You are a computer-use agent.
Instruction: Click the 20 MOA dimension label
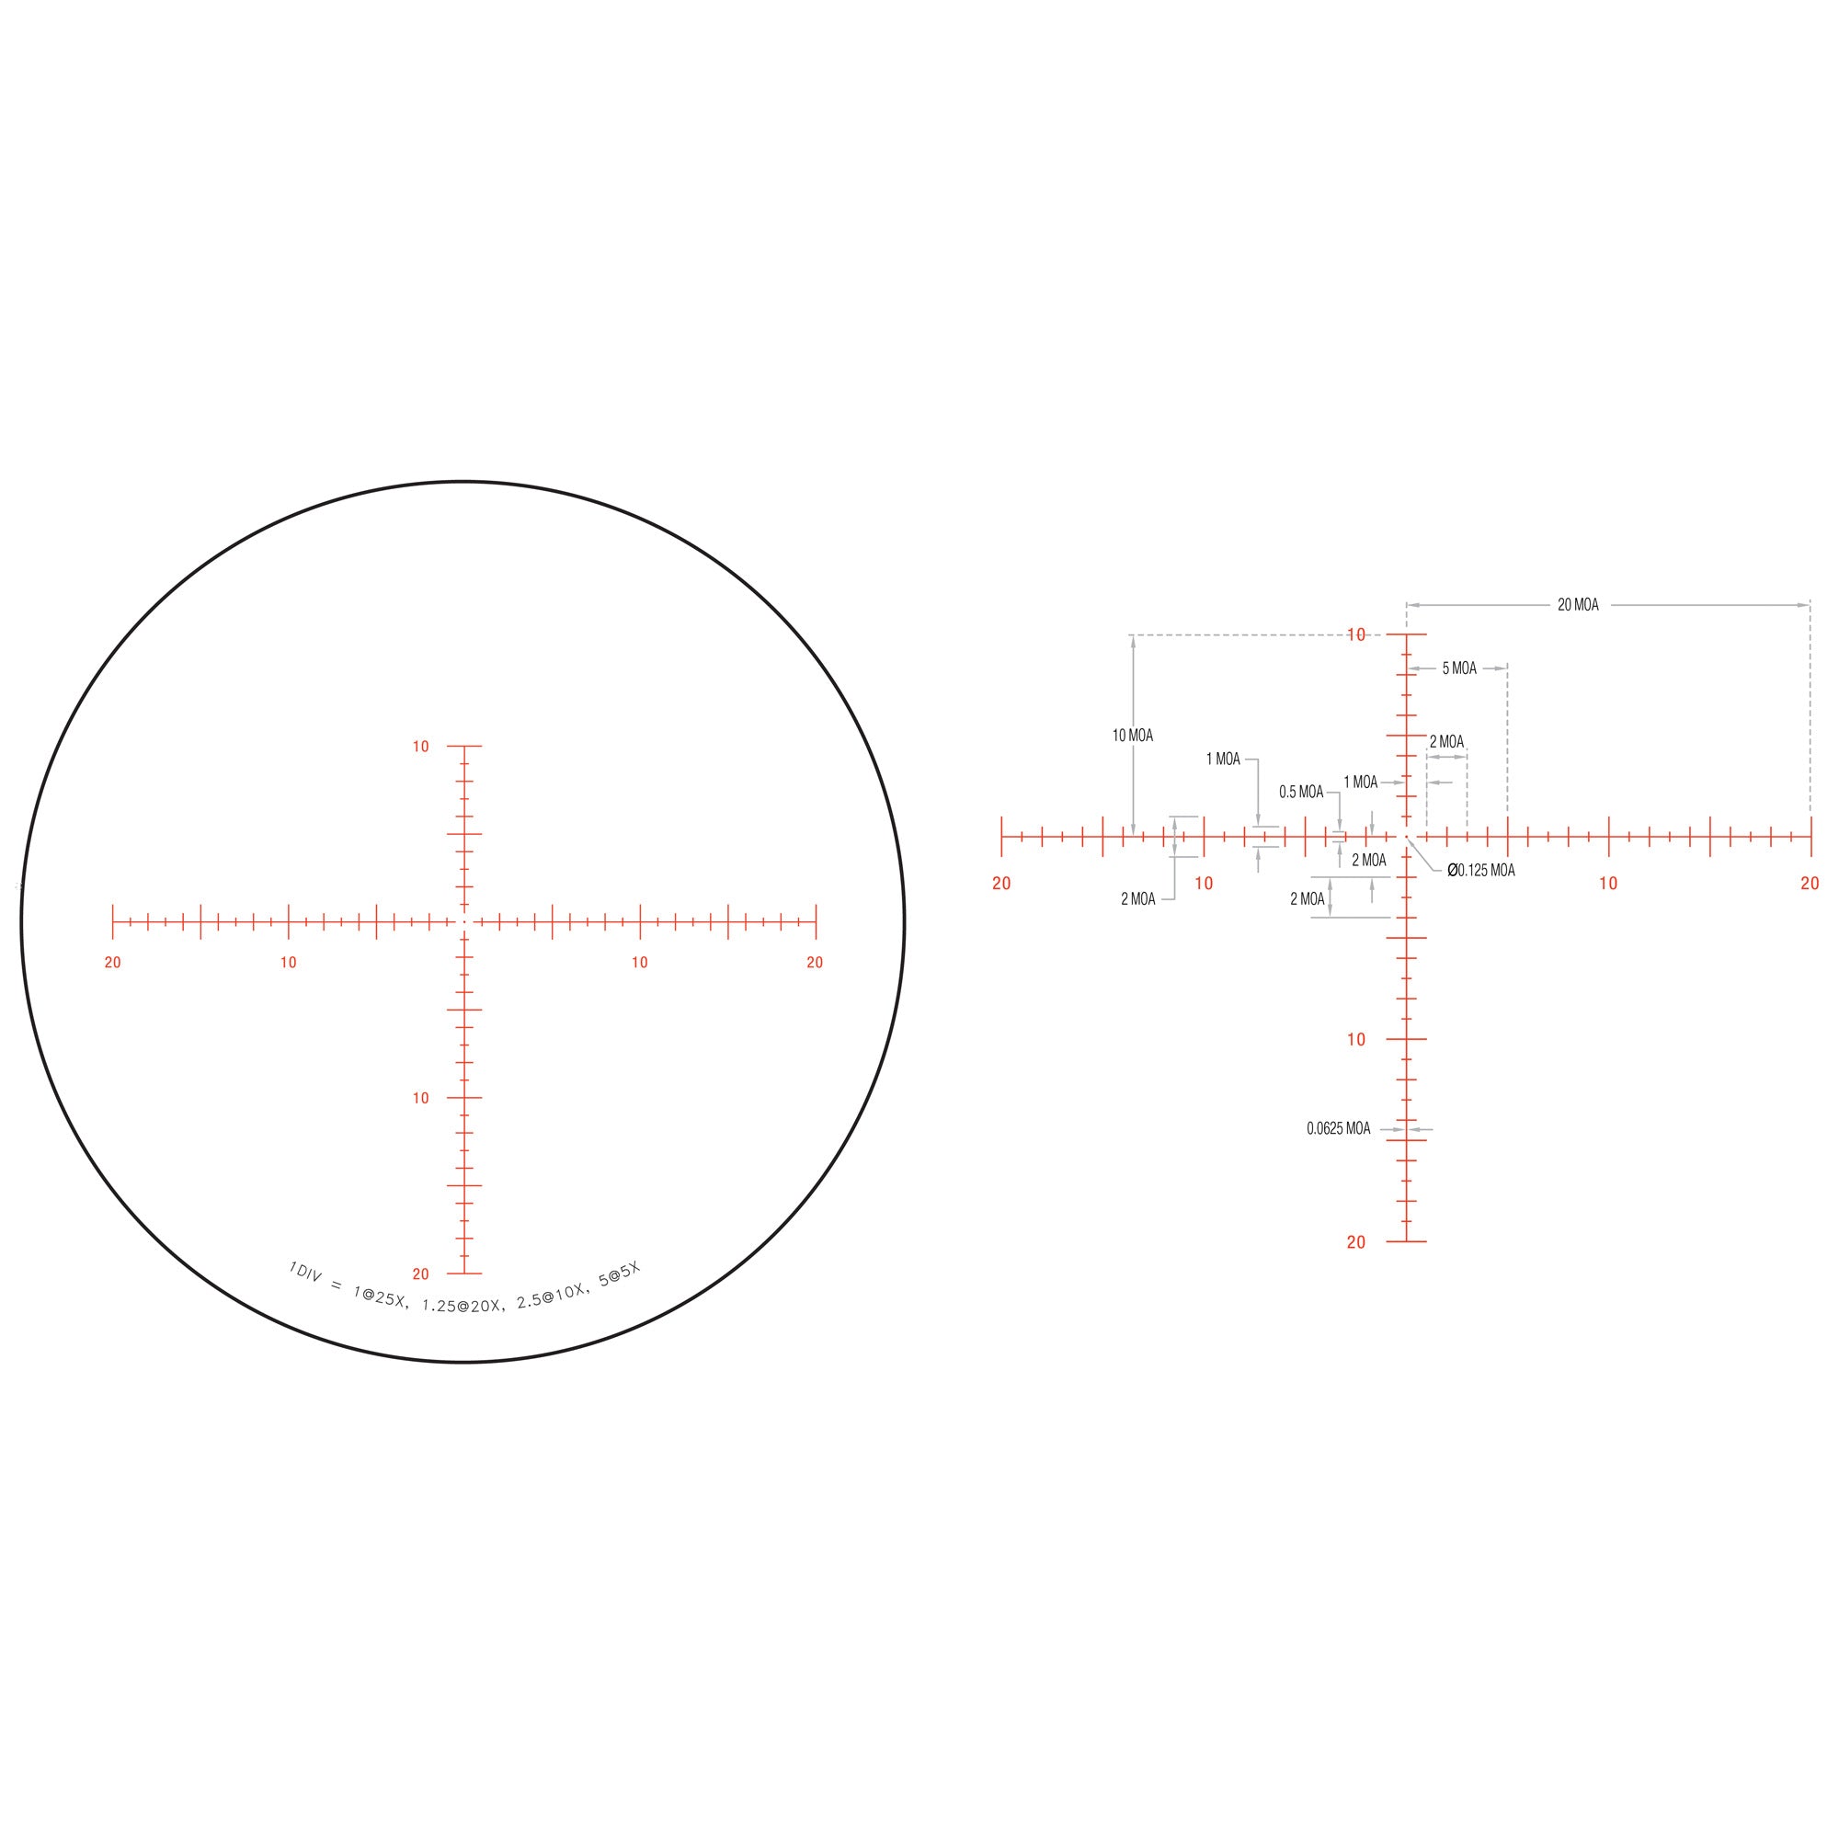pyautogui.click(x=1577, y=605)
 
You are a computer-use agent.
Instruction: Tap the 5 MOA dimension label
pyautogui.click(x=1459, y=669)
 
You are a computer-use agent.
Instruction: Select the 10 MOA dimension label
pyautogui.click(x=1132, y=736)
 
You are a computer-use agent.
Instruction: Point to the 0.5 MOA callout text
pyautogui.click(x=1300, y=792)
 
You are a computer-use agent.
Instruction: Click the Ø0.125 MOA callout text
pyautogui.click(x=1481, y=871)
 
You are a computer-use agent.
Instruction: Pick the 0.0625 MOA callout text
pyautogui.click(x=1338, y=1129)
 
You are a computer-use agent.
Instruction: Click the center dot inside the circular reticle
pyautogui.click(x=463, y=921)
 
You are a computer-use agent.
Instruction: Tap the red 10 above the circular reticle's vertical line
pyautogui.click(x=421, y=748)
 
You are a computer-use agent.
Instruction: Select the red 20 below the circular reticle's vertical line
pyautogui.click(x=421, y=1274)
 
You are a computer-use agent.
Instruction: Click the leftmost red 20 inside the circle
pyautogui.click(x=113, y=964)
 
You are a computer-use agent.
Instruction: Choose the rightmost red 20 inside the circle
pyautogui.click(x=815, y=964)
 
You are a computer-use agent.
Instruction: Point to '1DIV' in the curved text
pyautogui.click(x=306, y=1272)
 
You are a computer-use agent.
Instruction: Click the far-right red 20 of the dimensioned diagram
pyautogui.click(x=1810, y=885)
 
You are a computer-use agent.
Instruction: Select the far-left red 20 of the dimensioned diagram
pyautogui.click(x=1001, y=885)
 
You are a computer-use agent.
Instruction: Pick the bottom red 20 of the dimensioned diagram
pyautogui.click(x=1356, y=1242)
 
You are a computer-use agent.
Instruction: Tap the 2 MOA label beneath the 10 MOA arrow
pyautogui.click(x=1137, y=899)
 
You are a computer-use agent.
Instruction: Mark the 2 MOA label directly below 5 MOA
pyautogui.click(x=1445, y=742)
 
